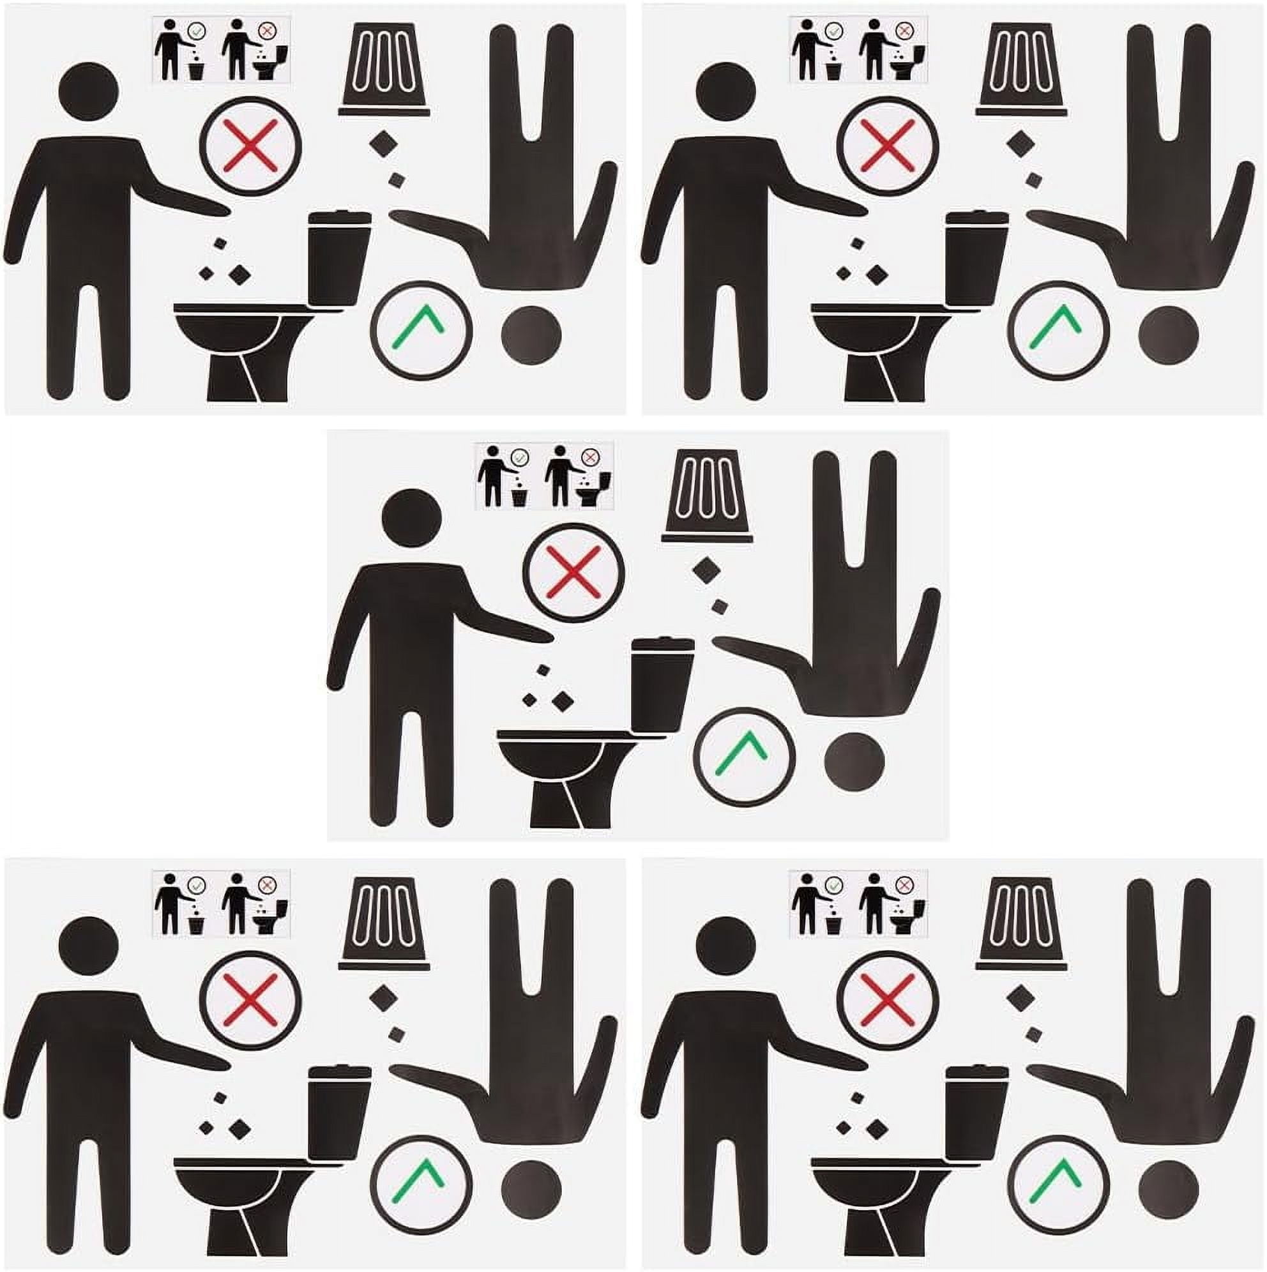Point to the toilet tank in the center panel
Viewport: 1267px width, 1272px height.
[662, 685]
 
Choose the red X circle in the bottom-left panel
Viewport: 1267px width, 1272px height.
[251, 1001]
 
